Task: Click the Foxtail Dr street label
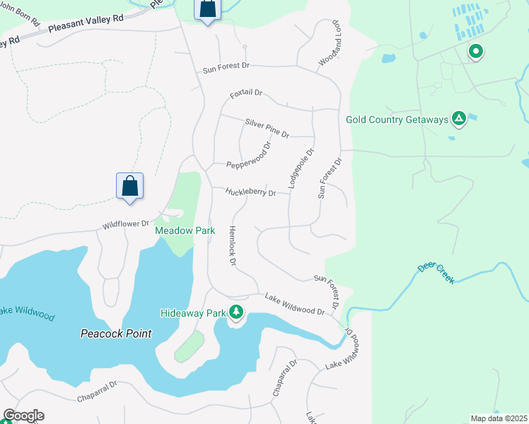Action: click(x=246, y=93)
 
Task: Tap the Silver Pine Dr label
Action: click(x=267, y=127)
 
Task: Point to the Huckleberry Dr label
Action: click(x=250, y=192)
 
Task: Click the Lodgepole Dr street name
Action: click(x=300, y=168)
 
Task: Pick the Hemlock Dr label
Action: click(x=232, y=246)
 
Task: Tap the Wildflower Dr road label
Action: click(x=127, y=224)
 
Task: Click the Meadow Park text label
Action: click(x=185, y=230)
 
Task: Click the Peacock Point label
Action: click(x=116, y=334)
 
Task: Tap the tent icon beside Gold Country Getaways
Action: click(x=459, y=119)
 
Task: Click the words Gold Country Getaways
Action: click(x=397, y=119)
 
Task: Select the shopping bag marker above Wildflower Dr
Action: click(x=130, y=187)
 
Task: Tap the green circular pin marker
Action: click(x=476, y=51)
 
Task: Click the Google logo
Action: click(x=23, y=416)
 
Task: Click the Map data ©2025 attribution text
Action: click(x=499, y=418)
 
